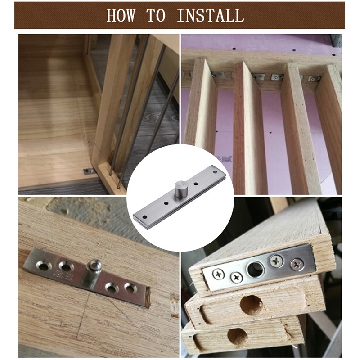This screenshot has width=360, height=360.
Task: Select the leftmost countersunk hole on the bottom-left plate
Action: pos(44,266)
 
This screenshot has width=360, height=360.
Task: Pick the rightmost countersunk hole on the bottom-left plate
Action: pos(130,288)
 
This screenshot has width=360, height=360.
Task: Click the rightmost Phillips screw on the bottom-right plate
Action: pos(296,264)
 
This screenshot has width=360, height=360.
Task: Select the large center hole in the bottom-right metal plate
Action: pos(255,269)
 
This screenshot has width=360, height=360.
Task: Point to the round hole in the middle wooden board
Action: pos(251,305)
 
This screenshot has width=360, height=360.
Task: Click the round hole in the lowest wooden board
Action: pos(237,336)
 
